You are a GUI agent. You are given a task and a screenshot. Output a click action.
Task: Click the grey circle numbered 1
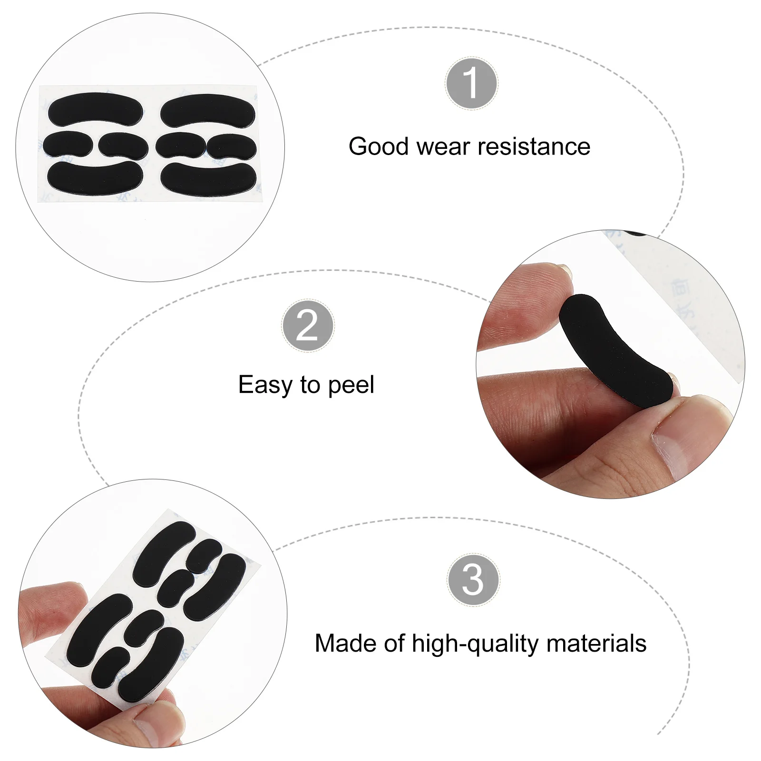471,83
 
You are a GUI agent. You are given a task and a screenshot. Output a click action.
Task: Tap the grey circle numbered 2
308,326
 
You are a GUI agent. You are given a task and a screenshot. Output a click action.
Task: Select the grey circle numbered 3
473,579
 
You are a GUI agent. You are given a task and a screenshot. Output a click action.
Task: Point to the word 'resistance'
534,146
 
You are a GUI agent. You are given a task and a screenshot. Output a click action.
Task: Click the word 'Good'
379,146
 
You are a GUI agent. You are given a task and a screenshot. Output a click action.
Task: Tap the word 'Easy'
265,385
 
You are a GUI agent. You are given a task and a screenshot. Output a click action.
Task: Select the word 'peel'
351,385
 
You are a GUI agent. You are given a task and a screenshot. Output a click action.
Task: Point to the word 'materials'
596,643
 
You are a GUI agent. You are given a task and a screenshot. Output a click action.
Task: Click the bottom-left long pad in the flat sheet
95,177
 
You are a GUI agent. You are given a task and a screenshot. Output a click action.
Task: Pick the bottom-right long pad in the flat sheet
208,179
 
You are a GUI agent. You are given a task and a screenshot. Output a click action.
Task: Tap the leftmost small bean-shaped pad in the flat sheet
68,144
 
